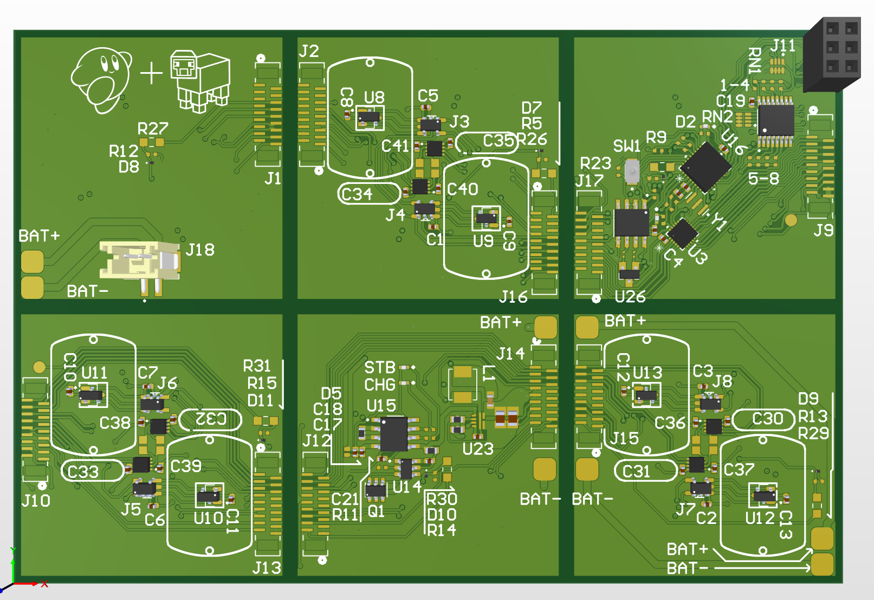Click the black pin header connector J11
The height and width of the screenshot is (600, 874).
point(832,55)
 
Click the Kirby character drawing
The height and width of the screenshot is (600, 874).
point(101,80)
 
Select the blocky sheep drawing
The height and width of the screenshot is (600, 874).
point(200,81)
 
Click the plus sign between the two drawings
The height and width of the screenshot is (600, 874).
point(151,73)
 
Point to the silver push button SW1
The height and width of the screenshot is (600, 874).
point(632,171)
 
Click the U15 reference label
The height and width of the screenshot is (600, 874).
point(381,406)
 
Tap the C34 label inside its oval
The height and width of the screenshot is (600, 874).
point(357,194)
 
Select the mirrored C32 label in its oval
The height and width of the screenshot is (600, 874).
point(211,419)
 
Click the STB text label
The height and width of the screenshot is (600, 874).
point(380,368)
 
